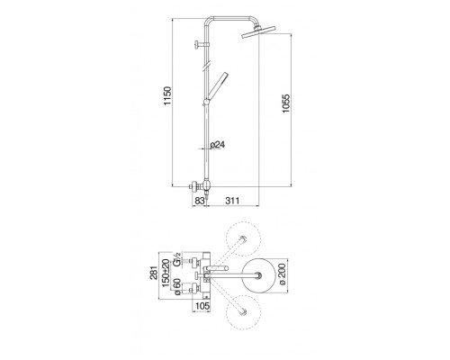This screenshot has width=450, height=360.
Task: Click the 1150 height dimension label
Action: point(167,95)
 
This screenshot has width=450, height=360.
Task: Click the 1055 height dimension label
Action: point(286,103)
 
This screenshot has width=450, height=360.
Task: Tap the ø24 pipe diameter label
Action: point(217,145)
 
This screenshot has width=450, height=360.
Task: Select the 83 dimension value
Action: point(200,201)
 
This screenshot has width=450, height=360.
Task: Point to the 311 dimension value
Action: point(232,201)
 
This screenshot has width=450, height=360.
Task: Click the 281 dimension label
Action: point(154,273)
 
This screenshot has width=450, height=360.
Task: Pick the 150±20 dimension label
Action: point(166,273)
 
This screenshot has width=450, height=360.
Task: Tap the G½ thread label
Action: point(177,260)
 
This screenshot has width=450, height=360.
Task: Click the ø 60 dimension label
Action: point(177,287)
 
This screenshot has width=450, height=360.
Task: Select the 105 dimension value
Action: point(202,306)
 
